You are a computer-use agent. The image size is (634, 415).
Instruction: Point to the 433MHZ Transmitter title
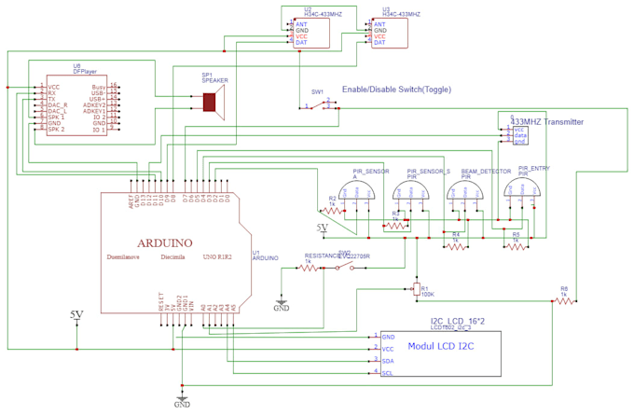pos(547,122)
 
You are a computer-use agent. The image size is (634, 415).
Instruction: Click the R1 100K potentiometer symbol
pos(416,290)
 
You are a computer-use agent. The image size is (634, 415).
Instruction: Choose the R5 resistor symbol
pos(518,247)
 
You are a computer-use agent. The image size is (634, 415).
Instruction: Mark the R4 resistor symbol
pos(457,247)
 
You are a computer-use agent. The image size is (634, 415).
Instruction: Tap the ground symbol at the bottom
pos(182,396)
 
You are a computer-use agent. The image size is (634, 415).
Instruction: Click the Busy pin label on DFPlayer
pos(98,86)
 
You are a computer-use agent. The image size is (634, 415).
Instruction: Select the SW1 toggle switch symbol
pos(321,107)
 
